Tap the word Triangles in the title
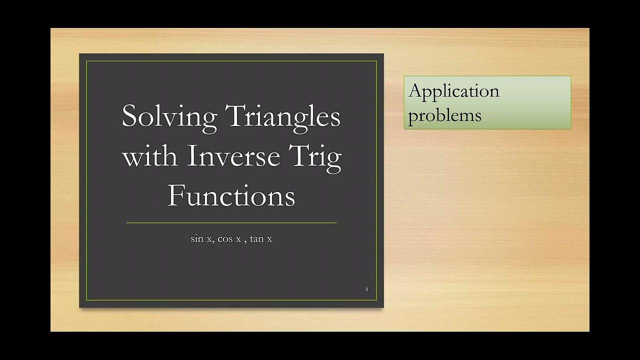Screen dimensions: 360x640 (283, 117)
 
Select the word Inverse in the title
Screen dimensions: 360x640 (233, 156)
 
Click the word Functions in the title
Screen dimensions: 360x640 (231, 195)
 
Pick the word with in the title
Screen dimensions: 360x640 (149, 156)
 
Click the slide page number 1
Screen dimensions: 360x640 (367, 289)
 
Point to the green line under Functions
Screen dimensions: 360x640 (231, 223)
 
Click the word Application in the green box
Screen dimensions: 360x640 (453, 91)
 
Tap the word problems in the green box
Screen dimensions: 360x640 (444, 115)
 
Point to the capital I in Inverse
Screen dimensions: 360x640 (191, 156)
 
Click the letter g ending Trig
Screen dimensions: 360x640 (334, 160)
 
